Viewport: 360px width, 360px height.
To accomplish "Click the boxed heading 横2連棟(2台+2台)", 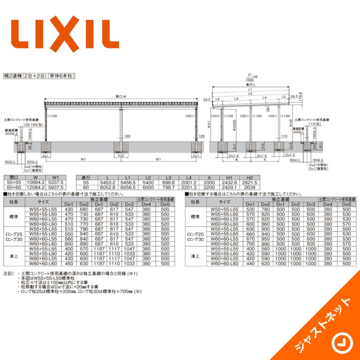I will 40,75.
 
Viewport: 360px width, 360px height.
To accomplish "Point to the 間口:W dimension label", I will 121,96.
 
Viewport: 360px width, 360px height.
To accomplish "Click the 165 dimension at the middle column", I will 127,136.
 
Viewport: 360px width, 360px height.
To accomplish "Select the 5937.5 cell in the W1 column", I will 56,187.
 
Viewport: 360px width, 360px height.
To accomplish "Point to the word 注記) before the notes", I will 8,274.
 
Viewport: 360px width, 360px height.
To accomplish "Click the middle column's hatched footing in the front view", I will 121,148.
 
